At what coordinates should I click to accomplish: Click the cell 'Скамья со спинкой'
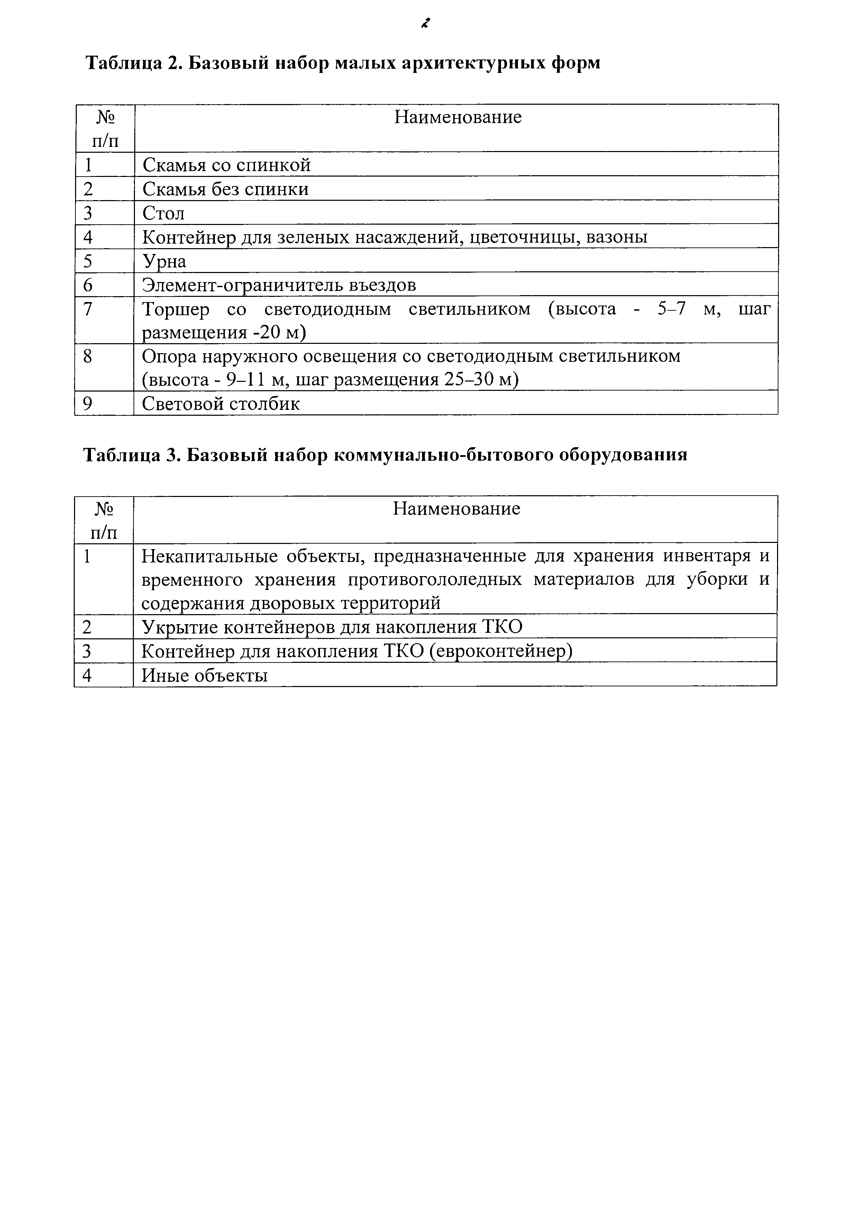click(x=227, y=165)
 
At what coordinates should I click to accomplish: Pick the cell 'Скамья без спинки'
click(x=226, y=189)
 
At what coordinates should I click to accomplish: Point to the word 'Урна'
click(x=164, y=262)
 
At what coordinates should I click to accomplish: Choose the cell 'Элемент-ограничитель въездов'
click(x=279, y=285)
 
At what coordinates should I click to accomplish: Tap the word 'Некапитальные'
click(x=210, y=556)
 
